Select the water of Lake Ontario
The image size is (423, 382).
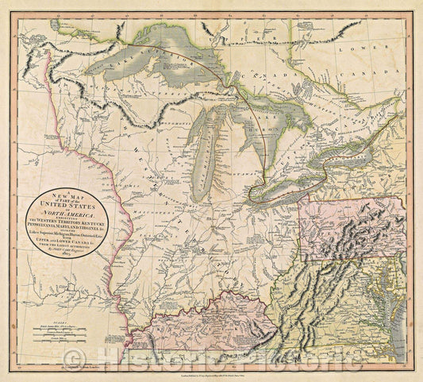click(x=349, y=145)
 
